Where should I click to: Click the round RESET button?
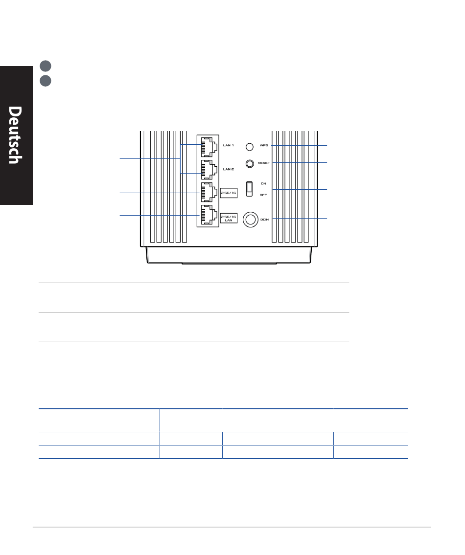click(250, 163)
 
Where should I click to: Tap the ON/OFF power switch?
click(250, 188)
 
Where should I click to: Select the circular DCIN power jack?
click(250, 220)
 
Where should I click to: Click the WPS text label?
click(264, 146)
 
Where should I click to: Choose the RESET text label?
click(264, 162)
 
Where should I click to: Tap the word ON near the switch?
click(263, 183)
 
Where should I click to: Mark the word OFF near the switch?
click(263, 195)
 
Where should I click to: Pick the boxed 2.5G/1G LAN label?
click(229, 218)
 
